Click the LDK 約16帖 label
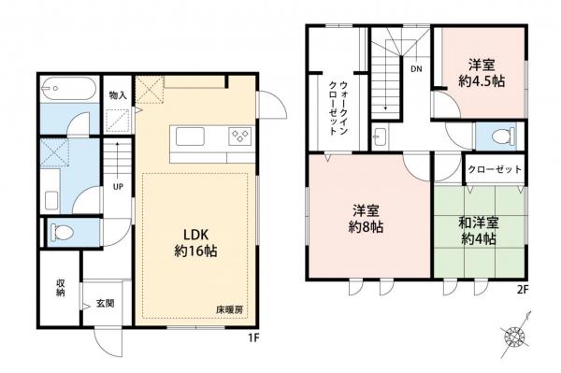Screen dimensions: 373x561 (194, 241)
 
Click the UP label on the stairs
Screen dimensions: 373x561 (119, 185)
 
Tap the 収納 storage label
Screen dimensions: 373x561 (60, 289)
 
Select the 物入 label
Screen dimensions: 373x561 (118, 94)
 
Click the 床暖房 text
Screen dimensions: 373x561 (230, 308)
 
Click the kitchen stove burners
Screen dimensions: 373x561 (237, 138)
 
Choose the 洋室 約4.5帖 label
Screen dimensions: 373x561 (482, 73)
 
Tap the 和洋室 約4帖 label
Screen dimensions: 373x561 (479, 229)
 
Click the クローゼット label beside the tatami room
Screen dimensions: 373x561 (496, 171)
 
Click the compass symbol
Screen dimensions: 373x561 (515, 337)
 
